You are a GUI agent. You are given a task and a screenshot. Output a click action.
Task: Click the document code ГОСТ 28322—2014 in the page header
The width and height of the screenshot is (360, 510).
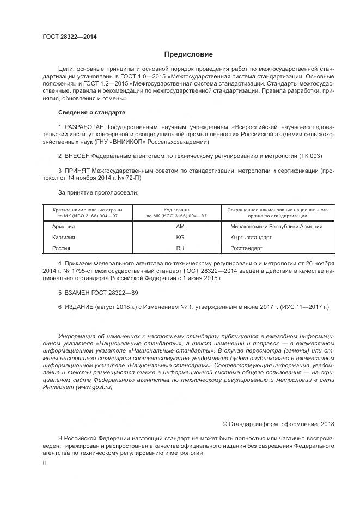pyautogui.click(x=70, y=37)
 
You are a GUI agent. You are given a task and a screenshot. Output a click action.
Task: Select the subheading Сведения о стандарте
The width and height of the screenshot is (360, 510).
pyautogui.click(x=91, y=112)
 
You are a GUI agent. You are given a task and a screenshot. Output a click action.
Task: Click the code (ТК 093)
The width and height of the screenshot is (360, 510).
pyautogui.click(x=310, y=156)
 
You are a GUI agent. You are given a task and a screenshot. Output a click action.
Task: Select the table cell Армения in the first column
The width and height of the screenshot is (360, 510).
pyautogui.click(x=63, y=226)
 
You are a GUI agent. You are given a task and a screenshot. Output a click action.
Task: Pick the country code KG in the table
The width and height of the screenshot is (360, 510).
pyautogui.click(x=180, y=238)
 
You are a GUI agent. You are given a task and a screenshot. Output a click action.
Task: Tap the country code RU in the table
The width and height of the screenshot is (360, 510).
pyautogui.click(x=180, y=248)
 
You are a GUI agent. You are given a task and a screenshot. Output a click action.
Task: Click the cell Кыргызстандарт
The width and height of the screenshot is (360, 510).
pyautogui.click(x=251, y=238)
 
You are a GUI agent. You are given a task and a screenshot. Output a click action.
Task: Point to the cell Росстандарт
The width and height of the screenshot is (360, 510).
pyautogui.click(x=247, y=248)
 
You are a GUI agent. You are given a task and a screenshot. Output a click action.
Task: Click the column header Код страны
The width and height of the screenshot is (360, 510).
pyautogui.click(x=176, y=210)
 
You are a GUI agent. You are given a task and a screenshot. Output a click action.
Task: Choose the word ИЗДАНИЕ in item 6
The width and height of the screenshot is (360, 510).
pyautogui.click(x=82, y=307)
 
